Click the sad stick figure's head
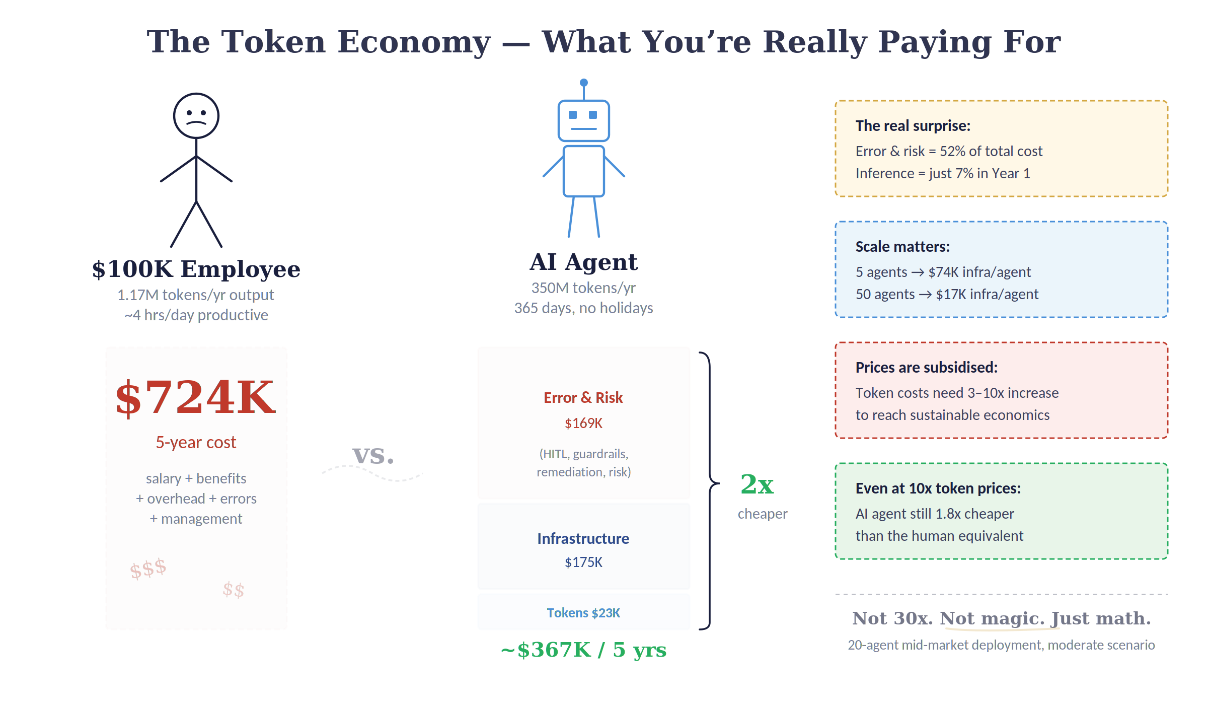(x=196, y=115)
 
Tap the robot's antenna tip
(x=584, y=83)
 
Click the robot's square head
(x=584, y=121)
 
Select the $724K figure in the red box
(x=196, y=398)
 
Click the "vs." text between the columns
(x=373, y=455)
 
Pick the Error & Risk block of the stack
(x=584, y=423)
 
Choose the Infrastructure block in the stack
(x=584, y=546)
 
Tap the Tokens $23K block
(x=584, y=612)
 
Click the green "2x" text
(x=758, y=484)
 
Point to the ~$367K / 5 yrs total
(x=584, y=650)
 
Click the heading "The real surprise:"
(x=913, y=126)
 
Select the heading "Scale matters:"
(x=903, y=247)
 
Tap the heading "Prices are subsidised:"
(x=927, y=368)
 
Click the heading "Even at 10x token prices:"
(x=938, y=488)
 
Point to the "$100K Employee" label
(x=196, y=269)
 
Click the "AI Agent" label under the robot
(x=584, y=262)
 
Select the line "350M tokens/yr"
(x=584, y=288)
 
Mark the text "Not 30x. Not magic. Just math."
(x=1002, y=618)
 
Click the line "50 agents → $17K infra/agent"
(x=947, y=294)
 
